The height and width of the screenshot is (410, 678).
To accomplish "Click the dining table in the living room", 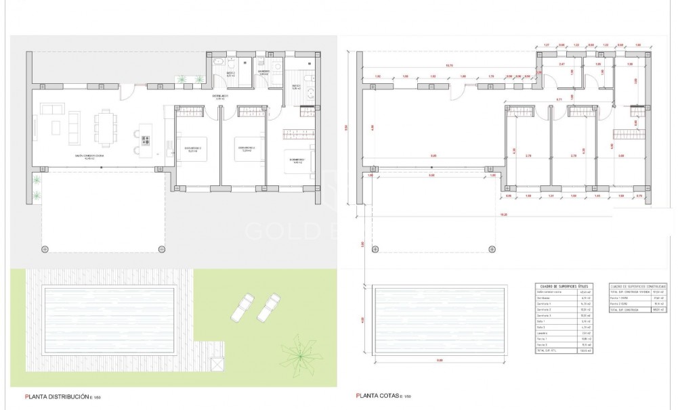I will click(x=106, y=128).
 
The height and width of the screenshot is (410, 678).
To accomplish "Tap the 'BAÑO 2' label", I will click(x=230, y=73).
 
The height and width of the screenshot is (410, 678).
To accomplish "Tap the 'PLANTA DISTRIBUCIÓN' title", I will click(x=63, y=397).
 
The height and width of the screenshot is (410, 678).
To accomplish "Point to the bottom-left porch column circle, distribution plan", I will click(x=45, y=249).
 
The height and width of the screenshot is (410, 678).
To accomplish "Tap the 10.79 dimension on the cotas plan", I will click(x=448, y=66).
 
